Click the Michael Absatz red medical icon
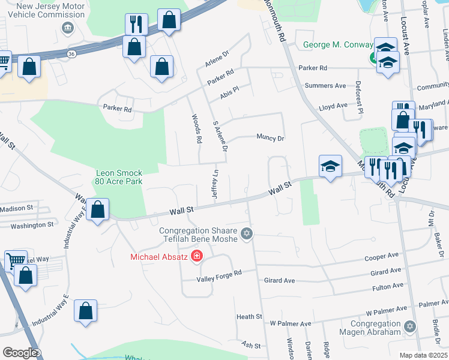coord(196,257)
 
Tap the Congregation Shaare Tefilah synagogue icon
coord(246,233)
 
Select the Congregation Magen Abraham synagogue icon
coord(409,326)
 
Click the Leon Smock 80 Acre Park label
coord(119,177)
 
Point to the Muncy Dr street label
coord(270,138)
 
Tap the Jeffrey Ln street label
coord(215,184)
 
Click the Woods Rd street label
coord(196,128)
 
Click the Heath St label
coord(249,316)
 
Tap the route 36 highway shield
coord(72,54)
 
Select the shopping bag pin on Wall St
coord(97,211)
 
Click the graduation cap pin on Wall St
coord(330,166)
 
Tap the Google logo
coord(20,353)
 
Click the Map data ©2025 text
coord(423,355)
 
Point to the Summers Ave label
coord(325,86)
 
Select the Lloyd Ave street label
coord(333,106)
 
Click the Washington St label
coord(32,225)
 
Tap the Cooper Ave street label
coord(382,256)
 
